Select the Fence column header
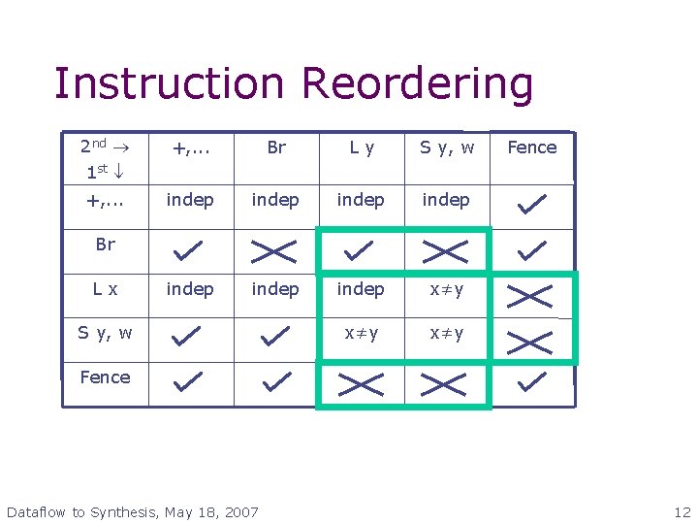(532, 147)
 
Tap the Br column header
(276, 147)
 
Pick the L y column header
(362, 147)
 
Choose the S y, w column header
(447, 147)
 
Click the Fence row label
(105, 377)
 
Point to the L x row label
(105, 289)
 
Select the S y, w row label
(105, 334)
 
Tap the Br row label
(105, 245)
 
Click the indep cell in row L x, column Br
(275, 289)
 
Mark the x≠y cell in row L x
(447, 289)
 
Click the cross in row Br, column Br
(274, 251)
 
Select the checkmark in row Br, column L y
(360, 251)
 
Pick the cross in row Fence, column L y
(360, 385)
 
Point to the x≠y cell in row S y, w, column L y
(362, 334)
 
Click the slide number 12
(682, 511)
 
